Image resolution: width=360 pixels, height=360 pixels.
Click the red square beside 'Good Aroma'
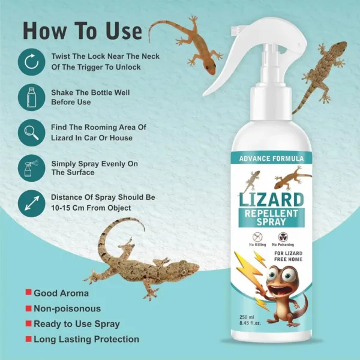28,293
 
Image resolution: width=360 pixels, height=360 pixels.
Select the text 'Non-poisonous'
67,309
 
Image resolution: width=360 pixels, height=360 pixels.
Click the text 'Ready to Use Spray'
76,324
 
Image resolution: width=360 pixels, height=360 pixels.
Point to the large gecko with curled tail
129,258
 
